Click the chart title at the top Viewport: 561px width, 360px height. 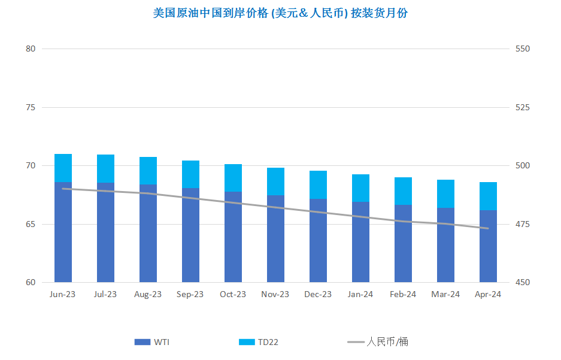click(x=280, y=13)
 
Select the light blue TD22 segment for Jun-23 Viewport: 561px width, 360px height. click(x=63, y=168)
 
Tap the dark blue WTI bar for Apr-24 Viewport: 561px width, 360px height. click(x=488, y=246)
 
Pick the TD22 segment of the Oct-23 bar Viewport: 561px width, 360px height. click(x=233, y=178)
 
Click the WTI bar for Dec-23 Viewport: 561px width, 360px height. click(x=318, y=240)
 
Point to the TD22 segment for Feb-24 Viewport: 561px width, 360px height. click(x=403, y=191)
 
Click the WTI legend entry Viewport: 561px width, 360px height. click(x=151, y=342)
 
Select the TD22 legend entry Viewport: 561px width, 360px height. click(x=258, y=342)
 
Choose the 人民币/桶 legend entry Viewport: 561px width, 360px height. click(x=377, y=342)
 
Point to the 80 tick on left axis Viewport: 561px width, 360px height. click(x=31, y=49)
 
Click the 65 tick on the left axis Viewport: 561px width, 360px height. click(x=31, y=225)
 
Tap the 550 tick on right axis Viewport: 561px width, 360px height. click(x=522, y=49)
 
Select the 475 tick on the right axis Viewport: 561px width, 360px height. click(x=522, y=225)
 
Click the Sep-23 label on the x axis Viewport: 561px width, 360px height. click(x=190, y=294)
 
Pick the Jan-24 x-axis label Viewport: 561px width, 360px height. click(x=360, y=294)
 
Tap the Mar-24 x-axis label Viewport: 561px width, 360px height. click(x=445, y=294)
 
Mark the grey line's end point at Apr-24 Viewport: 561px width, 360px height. click(x=488, y=228)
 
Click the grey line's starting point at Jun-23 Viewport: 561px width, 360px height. click(x=63, y=189)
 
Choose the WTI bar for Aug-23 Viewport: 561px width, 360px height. click(x=148, y=234)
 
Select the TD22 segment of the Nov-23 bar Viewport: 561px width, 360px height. click(x=275, y=181)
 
